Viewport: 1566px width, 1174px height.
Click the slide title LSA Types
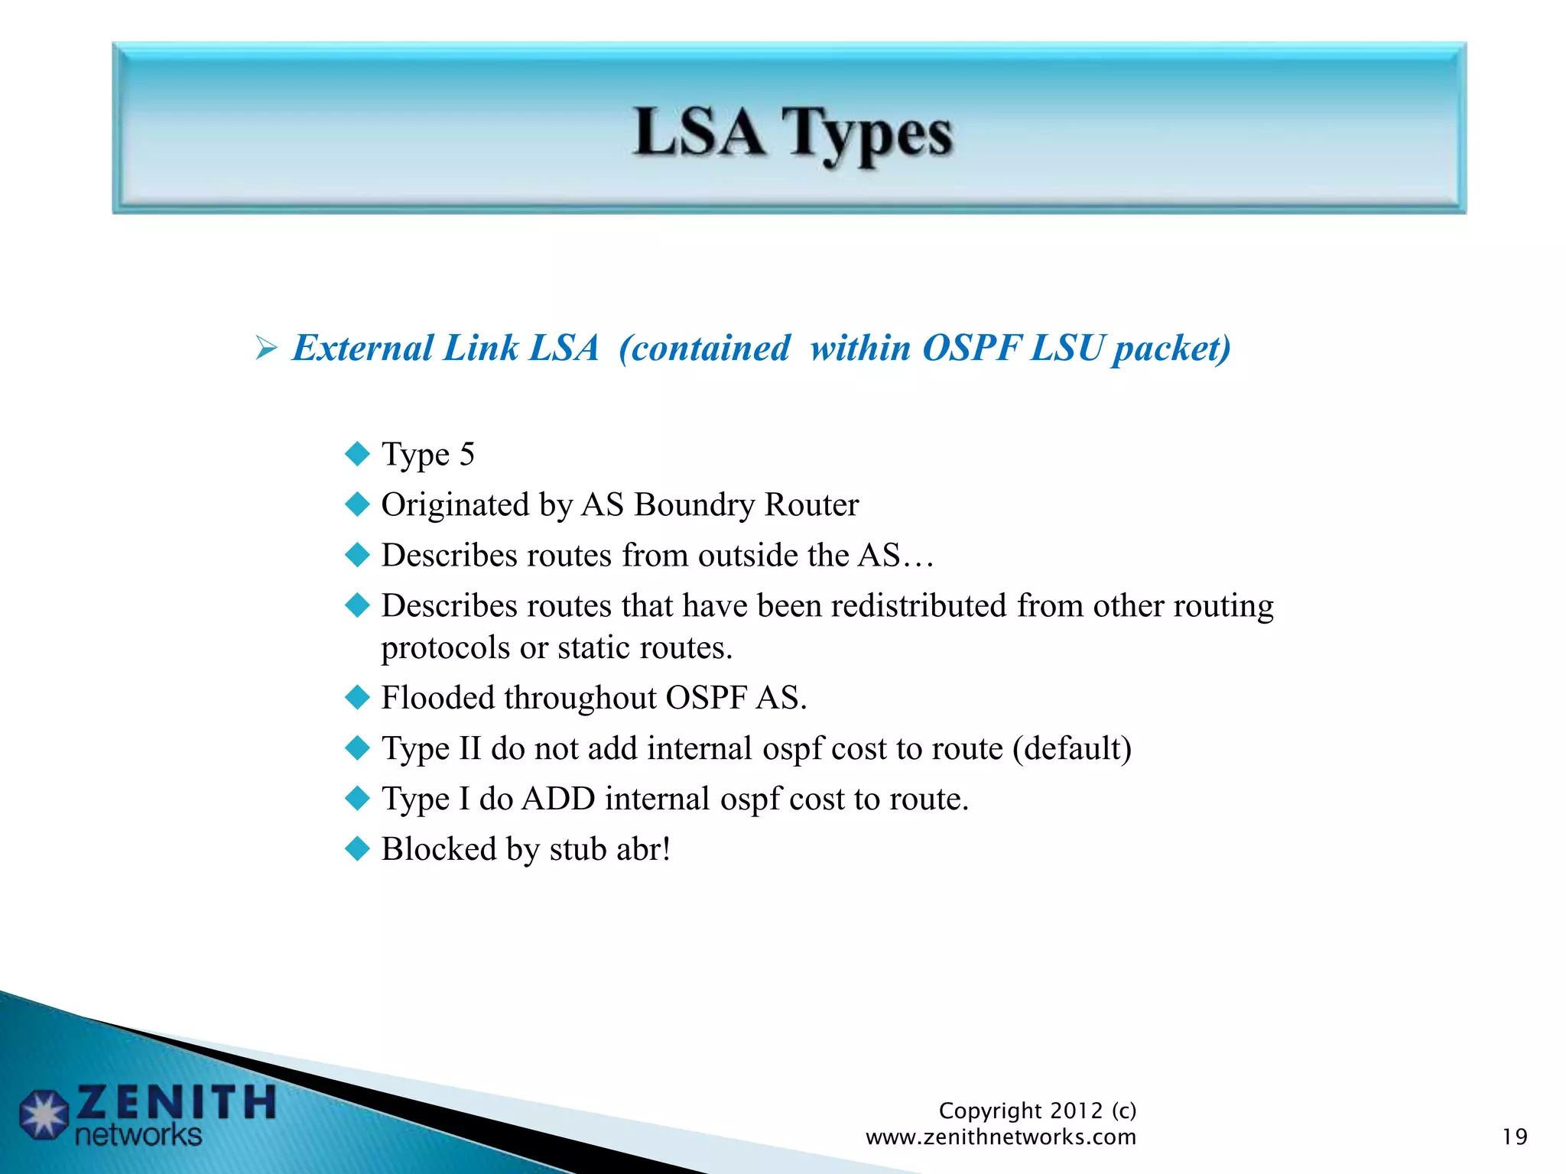[793, 134]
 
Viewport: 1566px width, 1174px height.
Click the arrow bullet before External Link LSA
[265, 349]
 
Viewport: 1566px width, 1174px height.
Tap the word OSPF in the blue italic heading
[971, 349]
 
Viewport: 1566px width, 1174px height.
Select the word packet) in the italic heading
[1171, 349]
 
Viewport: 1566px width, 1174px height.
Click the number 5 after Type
[466, 454]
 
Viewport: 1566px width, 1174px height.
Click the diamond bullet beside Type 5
[357, 454]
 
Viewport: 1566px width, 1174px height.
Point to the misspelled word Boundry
[694, 505]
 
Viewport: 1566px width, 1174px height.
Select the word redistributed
[918, 606]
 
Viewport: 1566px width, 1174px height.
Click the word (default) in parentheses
[1072, 748]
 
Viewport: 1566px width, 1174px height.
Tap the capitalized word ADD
[558, 799]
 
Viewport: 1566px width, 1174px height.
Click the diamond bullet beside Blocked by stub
[357, 849]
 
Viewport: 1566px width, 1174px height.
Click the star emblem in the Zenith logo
[44, 1115]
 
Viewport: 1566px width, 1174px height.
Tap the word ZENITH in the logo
[176, 1102]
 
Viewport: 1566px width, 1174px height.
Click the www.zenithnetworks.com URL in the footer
[1000, 1137]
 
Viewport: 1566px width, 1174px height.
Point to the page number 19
[1514, 1137]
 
